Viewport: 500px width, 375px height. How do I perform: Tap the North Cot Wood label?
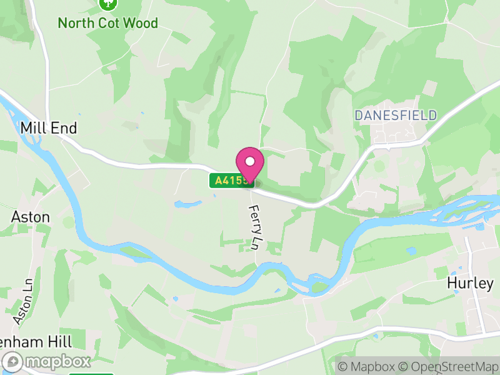point(107,23)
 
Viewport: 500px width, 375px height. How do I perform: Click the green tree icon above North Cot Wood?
point(109,4)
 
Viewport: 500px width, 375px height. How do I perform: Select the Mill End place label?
point(49,128)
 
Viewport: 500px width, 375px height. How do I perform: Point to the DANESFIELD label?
point(396,115)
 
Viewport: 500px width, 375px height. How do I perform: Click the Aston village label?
point(31,217)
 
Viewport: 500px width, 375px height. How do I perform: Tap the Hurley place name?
point(470,282)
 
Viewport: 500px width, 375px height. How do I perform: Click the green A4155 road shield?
point(231,181)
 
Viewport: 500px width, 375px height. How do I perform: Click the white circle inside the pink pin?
point(250,161)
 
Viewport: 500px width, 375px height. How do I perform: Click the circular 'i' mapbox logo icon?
point(12,361)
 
